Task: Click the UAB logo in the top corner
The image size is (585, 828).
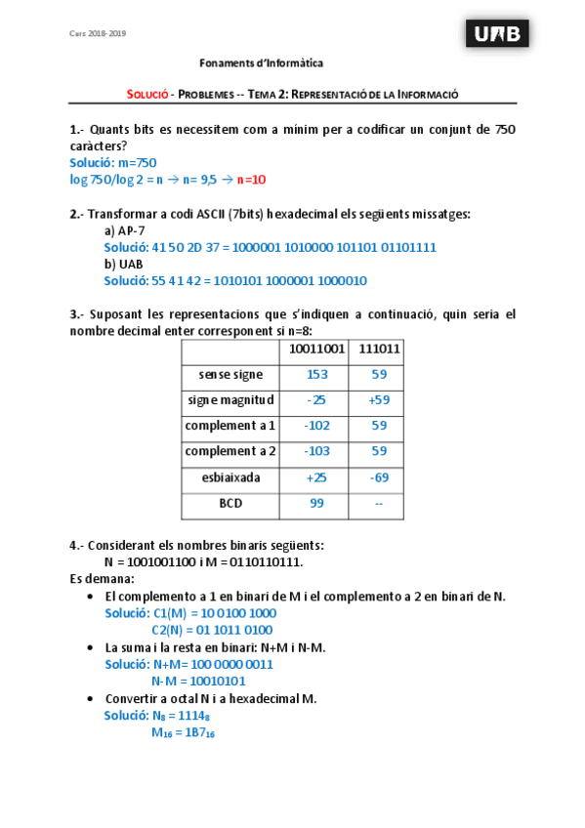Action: [x=498, y=35]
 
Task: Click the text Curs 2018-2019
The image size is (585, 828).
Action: [x=97, y=33]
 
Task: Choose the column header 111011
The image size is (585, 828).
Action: [x=380, y=349]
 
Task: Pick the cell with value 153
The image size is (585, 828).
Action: [x=316, y=374]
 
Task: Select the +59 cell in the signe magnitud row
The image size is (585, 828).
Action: [x=380, y=400]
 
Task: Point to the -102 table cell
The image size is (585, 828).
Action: [x=316, y=427]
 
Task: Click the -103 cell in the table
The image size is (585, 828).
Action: [x=316, y=452]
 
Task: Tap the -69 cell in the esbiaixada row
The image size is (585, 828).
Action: [x=380, y=478]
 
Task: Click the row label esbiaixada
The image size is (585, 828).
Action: [x=230, y=478]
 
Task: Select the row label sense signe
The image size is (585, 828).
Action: [x=230, y=374]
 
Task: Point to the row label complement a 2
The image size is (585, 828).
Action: [x=230, y=452]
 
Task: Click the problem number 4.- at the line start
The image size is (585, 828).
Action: [x=77, y=546]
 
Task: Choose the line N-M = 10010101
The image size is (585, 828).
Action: [x=198, y=681]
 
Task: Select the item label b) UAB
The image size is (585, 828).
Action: [x=124, y=264]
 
